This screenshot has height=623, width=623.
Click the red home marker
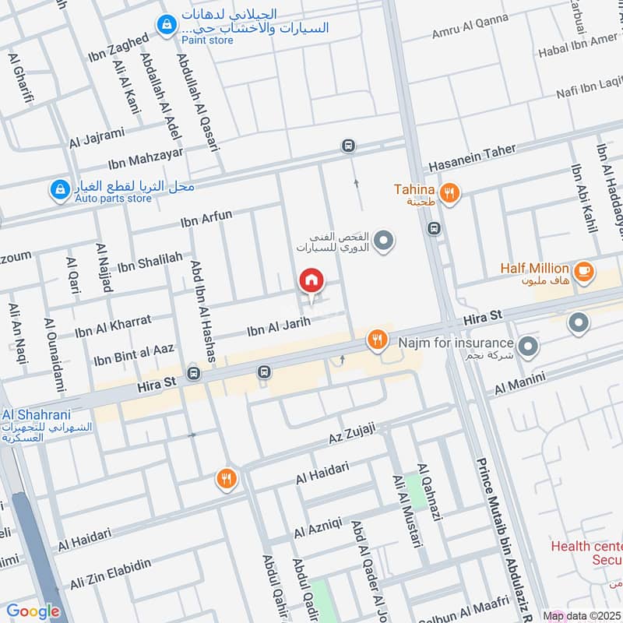coord(311,280)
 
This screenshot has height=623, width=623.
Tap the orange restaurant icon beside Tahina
coord(449,192)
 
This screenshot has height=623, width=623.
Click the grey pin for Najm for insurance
coord(529,347)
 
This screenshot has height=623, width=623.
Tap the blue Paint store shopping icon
coord(166,26)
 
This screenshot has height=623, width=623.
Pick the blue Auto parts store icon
coord(59,188)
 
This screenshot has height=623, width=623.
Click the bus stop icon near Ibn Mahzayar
coord(348,146)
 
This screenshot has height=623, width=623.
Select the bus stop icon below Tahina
coord(434,228)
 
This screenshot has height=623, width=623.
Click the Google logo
coord(33,611)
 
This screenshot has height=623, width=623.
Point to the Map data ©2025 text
coord(582,616)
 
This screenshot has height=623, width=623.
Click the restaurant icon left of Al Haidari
coord(226,479)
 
